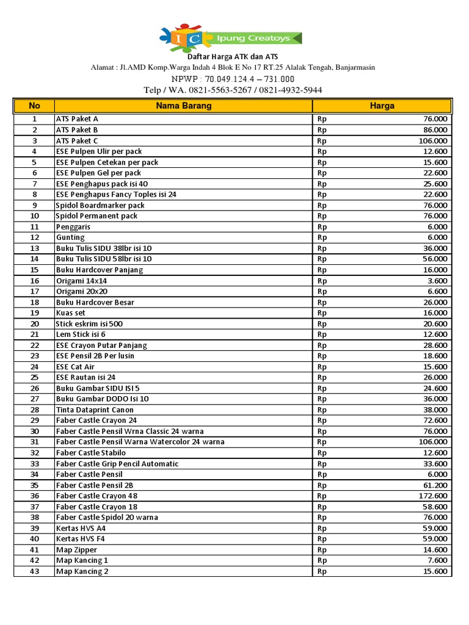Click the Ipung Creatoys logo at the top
(230, 38)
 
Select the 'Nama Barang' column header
(183, 106)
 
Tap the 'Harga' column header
(382, 106)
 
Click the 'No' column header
(34, 106)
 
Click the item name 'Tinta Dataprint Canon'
(95, 410)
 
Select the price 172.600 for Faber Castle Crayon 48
(433, 496)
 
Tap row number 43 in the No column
(34, 571)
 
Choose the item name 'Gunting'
(70, 237)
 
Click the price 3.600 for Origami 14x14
(437, 281)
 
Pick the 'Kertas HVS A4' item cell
(81, 528)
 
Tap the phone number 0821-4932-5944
(290, 90)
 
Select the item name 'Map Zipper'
(76, 550)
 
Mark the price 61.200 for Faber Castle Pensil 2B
(435, 485)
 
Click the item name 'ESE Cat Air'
(76, 367)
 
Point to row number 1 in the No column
(34, 119)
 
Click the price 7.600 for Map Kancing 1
(437, 560)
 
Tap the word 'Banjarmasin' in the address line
(354, 67)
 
